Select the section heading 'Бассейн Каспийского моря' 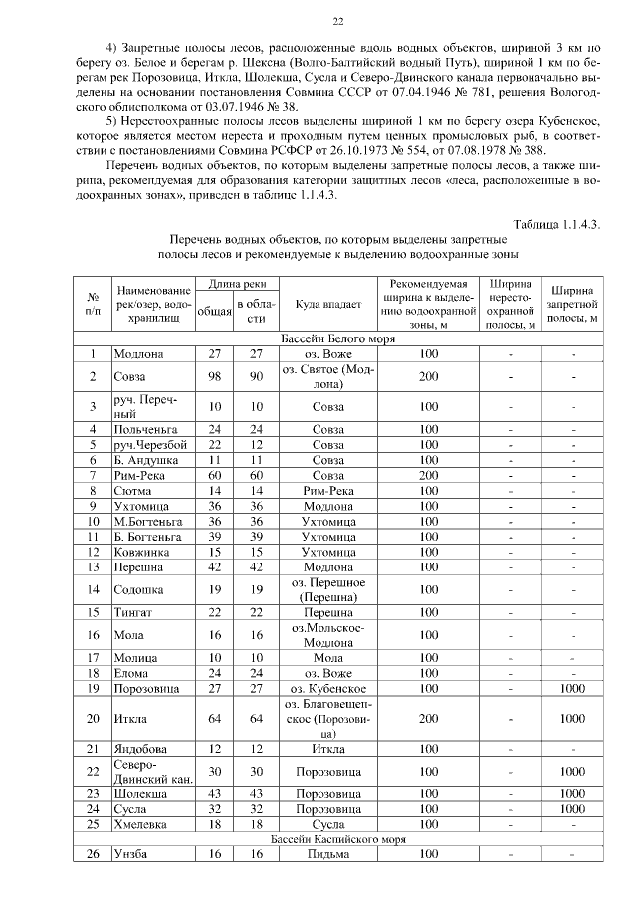(338, 839)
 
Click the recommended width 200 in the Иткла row (429, 718)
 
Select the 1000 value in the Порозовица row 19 (572, 687)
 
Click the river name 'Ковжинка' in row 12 (144, 552)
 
